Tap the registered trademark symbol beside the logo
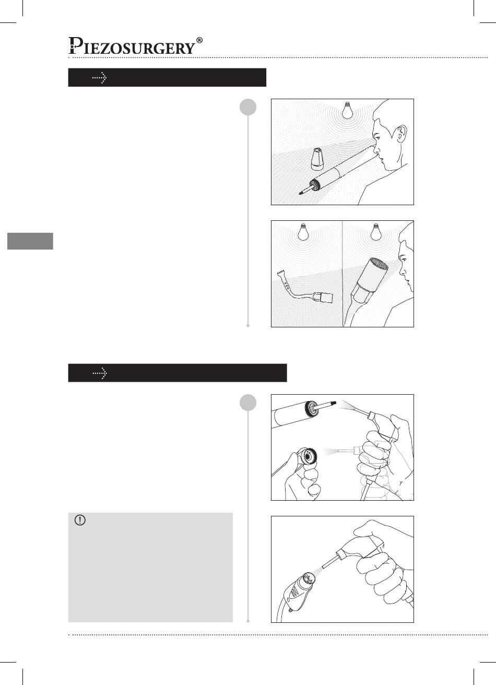pyautogui.click(x=199, y=40)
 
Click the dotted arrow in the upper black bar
pyautogui.click(x=100, y=78)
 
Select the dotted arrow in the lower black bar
pyautogui.click(x=100, y=373)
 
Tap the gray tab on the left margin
pyautogui.click(x=30, y=241)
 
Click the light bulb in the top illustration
pyautogui.click(x=347, y=110)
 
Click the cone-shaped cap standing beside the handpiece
pyautogui.click(x=318, y=159)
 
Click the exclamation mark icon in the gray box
pyautogui.click(x=80, y=520)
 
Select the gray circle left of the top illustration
pyautogui.click(x=248, y=107)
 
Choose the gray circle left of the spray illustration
pyautogui.click(x=248, y=403)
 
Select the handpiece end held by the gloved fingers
pyautogui.click(x=306, y=457)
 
